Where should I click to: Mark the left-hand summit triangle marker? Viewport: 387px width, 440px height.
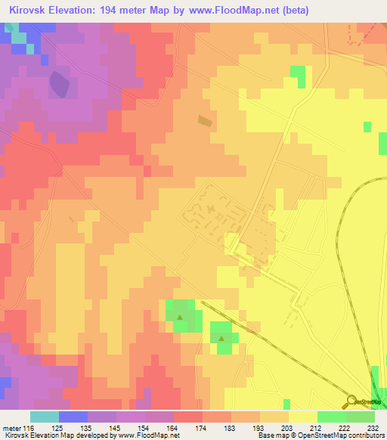pos(179,317)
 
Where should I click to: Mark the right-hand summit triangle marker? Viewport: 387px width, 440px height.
pos(221,339)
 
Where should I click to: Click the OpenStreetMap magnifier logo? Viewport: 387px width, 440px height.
pos(352,401)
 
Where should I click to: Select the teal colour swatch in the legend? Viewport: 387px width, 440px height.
pos(45,417)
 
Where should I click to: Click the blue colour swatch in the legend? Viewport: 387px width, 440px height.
pos(73,417)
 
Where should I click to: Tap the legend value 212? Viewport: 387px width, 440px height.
pos(315,428)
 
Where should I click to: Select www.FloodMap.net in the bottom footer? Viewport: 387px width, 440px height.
pos(147,436)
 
